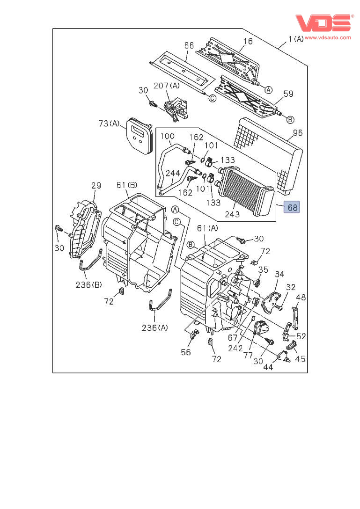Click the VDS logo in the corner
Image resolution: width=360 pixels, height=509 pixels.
tap(323, 23)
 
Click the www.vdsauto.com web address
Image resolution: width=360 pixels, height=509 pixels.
tap(327, 37)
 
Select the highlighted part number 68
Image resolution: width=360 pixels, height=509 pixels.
tap(292, 207)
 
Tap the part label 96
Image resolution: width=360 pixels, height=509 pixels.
tap(298, 132)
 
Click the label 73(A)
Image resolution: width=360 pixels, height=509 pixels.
tap(109, 124)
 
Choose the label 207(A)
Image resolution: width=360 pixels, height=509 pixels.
tap(167, 87)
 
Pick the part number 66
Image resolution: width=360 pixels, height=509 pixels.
tap(189, 45)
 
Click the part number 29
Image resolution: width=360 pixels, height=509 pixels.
tap(96, 186)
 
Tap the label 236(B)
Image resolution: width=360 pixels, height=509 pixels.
tap(89, 284)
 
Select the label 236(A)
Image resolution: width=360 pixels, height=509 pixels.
tap(154, 327)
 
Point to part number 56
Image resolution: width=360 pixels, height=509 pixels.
tap(186, 352)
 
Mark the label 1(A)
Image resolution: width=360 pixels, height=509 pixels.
tap(296, 39)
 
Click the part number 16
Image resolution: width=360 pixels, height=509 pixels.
tap(248, 41)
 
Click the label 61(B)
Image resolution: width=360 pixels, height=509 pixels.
tap(126, 186)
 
